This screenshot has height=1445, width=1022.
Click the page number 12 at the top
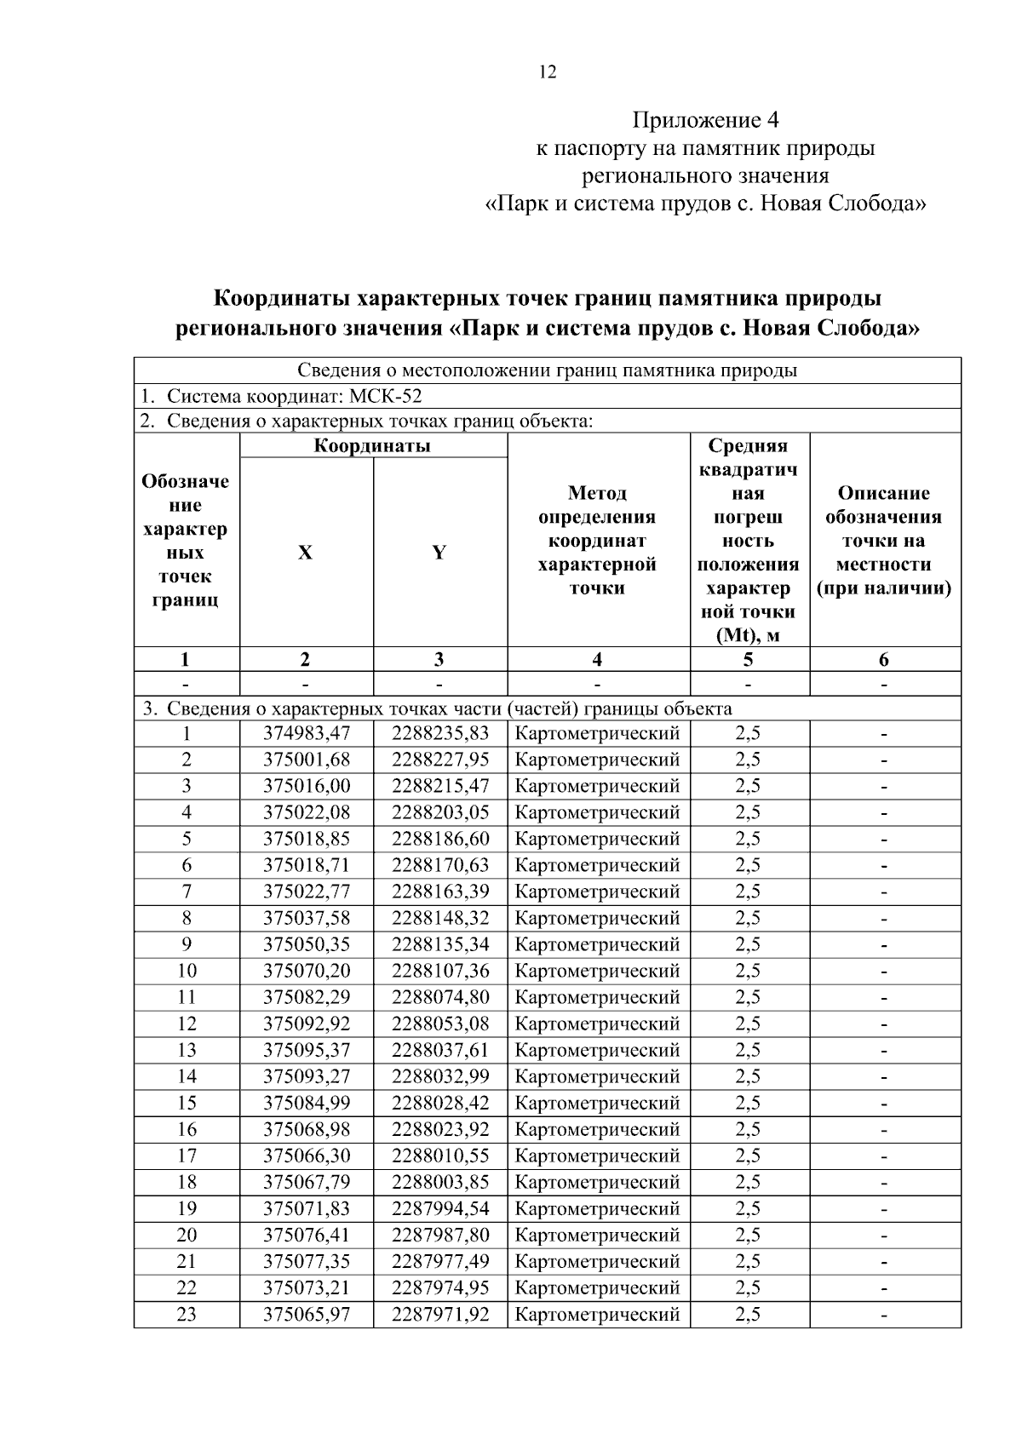548,72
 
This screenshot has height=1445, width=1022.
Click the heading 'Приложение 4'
705,118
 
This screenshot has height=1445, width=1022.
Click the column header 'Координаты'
372,445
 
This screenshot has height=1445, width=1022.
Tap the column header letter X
305,553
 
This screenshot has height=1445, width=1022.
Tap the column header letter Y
439,553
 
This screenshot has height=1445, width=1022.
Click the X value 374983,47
306,733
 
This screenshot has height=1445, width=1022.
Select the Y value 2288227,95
440,760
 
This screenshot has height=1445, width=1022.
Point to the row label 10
187,971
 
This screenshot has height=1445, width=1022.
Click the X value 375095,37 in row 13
306,1050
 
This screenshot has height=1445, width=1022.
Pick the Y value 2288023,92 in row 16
440,1129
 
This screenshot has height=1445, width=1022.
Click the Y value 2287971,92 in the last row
440,1314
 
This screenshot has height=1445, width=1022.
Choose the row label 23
187,1314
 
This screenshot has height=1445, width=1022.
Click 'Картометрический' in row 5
597,839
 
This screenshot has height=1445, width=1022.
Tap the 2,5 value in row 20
748,1235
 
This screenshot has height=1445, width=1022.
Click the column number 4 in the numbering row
597,659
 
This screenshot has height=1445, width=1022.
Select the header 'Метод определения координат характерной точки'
597,541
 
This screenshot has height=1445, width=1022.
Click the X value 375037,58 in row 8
306,918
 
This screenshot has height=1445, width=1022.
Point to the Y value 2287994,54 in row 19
440,1208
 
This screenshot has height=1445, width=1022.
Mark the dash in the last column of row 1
884,733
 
